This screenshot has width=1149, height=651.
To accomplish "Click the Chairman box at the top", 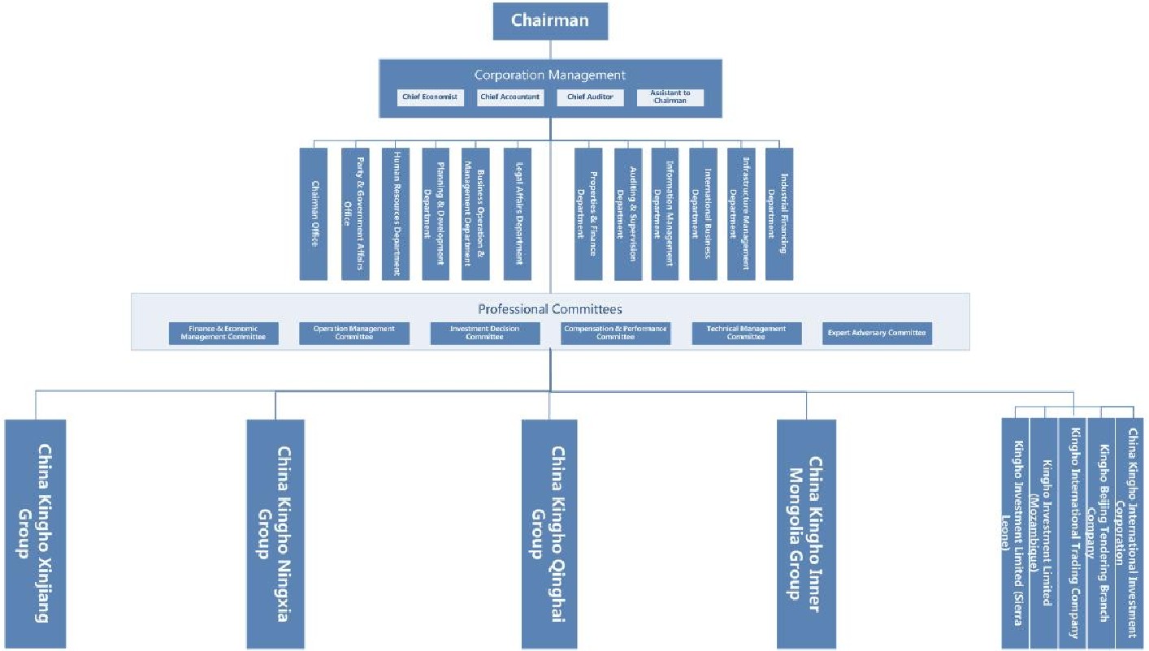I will pos(550,20).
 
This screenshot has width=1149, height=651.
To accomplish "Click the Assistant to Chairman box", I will pos(670,97).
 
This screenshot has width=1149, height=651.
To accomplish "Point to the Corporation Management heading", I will pos(550,75).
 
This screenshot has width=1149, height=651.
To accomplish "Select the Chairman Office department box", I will pos(314,213).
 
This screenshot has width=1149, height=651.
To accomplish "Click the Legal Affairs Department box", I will pos(518,213).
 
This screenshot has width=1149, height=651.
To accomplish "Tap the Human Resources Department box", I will pos(396,213).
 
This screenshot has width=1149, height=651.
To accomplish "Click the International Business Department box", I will pos(704,213).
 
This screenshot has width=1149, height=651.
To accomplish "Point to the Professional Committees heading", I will pos(550,308).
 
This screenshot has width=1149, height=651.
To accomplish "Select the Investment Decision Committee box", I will pos(484,333).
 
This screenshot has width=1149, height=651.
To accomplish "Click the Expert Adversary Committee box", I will pos(877,333).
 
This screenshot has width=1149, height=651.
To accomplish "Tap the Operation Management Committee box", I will pos(354,333).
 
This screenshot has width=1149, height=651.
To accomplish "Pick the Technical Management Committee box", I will pos(746,333).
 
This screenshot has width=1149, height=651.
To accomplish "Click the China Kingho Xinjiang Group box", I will pos(35,533).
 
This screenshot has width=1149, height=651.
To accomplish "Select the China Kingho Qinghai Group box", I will pos(549,533).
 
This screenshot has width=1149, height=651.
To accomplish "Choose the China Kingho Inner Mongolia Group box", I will pos(806,533).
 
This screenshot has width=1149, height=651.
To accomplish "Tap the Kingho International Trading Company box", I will pos(1072,533).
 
